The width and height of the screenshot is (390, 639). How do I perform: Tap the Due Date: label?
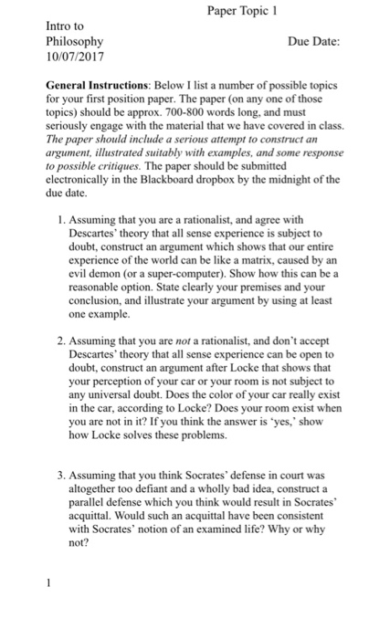[x=313, y=42]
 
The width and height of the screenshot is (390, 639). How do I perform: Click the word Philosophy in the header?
[x=74, y=42]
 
